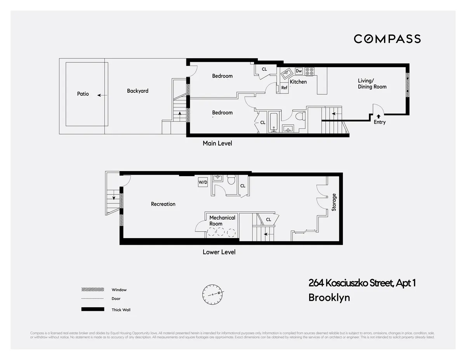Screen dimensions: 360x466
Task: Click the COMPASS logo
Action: pos(387,39)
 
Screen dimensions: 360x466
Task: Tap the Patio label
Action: pos(83,94)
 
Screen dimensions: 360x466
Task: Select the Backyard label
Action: pos(137,91)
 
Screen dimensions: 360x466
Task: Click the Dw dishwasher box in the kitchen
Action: pos(299,71)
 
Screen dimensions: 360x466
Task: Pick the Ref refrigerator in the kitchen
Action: pos(284,88)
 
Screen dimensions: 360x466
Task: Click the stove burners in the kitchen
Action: pos(310,71)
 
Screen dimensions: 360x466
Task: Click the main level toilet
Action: pos(299,116)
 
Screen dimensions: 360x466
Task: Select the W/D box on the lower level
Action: pos(203,182)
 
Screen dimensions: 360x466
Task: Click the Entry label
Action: pos(379,122)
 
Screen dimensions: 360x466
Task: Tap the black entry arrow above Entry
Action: pos(379,116)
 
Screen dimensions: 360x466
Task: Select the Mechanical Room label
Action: pos(222,221)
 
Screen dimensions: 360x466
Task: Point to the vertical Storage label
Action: pos(334,202)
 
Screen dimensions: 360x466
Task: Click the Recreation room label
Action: pos(163,204)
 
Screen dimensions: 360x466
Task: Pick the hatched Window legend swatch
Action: pos(92,290)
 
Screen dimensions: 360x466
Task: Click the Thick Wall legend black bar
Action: pos(92,309)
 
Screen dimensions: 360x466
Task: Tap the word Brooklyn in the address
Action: pos(329,298)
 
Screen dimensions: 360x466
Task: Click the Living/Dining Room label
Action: pos(372,84)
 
